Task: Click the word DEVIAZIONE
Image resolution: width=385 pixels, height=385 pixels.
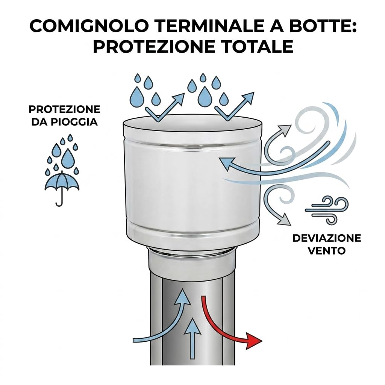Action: (x=327, y=238)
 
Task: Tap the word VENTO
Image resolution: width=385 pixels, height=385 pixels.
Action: (x=327, y=251)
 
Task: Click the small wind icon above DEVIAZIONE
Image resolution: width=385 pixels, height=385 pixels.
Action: (x=327, y=210)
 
